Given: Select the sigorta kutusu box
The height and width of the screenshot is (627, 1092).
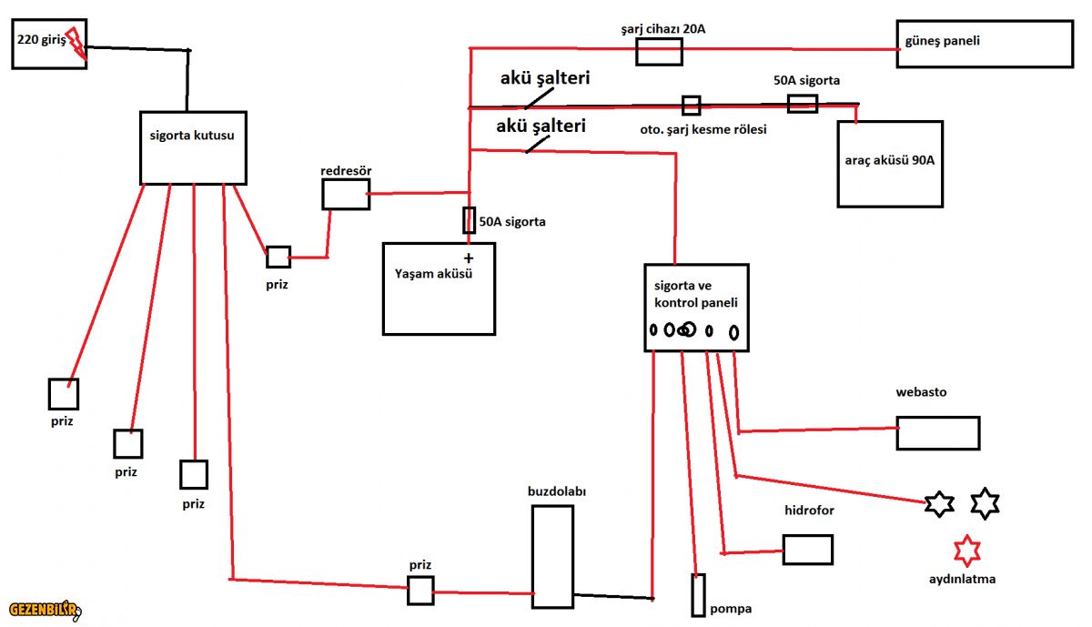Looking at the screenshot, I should click(193, 147).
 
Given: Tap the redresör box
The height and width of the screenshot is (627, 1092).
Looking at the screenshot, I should click(346, 194).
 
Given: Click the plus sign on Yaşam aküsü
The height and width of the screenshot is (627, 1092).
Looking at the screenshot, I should click(470, 259).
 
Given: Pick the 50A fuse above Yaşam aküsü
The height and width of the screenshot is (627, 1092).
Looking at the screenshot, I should click(470, 220).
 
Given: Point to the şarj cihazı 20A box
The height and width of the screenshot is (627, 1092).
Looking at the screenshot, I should click(659, 51).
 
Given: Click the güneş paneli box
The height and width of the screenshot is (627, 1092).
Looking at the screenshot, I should click(984, 44).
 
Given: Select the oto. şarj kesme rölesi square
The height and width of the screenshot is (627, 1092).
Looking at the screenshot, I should click(692, 105).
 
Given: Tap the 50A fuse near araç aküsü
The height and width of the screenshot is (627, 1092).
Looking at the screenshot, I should click(802, 104).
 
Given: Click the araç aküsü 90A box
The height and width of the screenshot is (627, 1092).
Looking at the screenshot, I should click(890, 164).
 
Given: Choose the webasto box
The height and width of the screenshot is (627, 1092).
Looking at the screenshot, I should click(937, 433).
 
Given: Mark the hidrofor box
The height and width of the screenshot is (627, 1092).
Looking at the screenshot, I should click(807, 550).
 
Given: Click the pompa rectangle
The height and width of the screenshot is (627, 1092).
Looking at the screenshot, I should click(698, 595).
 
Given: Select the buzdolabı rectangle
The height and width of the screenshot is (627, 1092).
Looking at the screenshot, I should click(552, 556).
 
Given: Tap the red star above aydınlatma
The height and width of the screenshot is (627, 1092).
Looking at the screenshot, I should click(966, 551).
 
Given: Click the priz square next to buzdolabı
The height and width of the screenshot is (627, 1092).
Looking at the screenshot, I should click(420, 591).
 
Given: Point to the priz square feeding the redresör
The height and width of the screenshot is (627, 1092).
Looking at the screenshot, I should click(278, 257).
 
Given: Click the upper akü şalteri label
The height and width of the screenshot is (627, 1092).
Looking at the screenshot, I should click(544, 78).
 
